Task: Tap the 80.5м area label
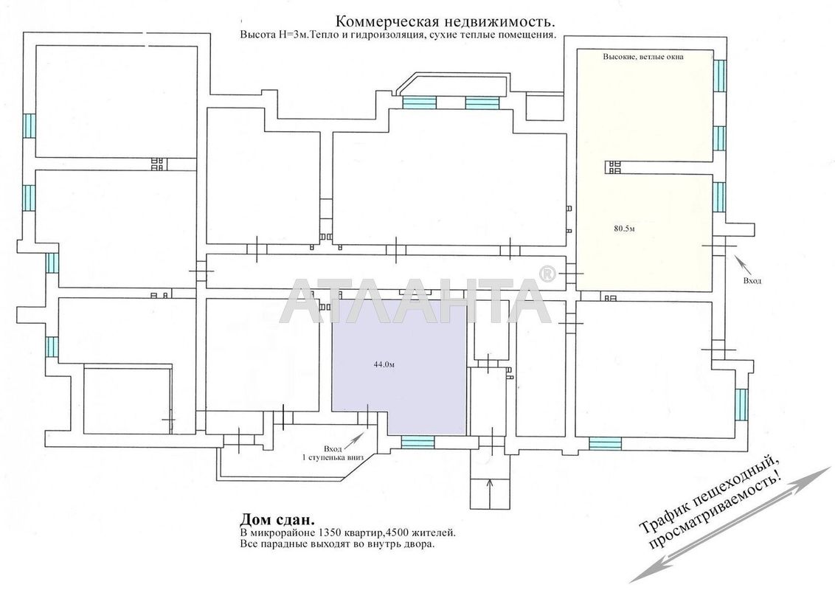624,229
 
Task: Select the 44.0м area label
384,364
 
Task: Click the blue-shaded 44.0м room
413,383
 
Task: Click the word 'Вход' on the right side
752,280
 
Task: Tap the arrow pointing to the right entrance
742,262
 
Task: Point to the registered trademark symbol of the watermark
547,274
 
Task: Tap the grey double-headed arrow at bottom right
730,524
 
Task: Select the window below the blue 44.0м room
417,442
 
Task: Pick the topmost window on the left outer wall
29,126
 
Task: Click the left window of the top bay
418,103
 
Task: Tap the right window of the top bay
482,103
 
